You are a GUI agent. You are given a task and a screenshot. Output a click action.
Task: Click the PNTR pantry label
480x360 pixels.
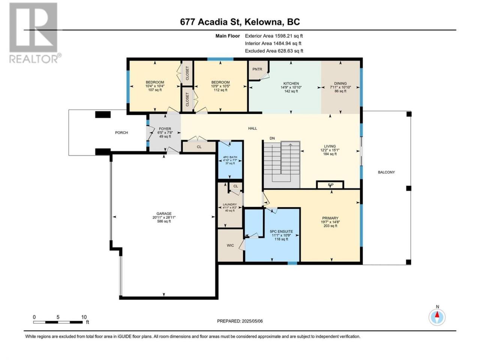[x=257, y=69]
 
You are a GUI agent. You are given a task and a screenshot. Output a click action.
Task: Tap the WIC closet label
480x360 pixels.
[x=230, y=246]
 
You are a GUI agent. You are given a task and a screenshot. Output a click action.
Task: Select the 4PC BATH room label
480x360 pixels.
[x=230, y=157]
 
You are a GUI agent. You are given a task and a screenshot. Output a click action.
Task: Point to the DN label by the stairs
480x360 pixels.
[x=272, y=138]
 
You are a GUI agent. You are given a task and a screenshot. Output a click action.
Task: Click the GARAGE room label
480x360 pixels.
[x=164, y=214]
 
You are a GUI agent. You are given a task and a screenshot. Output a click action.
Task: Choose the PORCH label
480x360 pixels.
[x=121, y=133]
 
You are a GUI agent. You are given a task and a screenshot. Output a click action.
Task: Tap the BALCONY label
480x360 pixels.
[x=386, y=172]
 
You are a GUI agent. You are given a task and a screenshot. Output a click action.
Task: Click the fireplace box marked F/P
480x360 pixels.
[x=330, y=185]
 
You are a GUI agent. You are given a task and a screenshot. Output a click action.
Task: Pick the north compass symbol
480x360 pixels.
[x=437, y=317]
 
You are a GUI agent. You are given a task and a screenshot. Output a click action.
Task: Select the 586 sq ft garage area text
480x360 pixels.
[x=164, y=221]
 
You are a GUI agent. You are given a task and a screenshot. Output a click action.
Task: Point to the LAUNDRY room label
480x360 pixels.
[x=229, y=204]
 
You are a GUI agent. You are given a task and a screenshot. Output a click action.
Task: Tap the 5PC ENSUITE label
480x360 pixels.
[x=281, y=231]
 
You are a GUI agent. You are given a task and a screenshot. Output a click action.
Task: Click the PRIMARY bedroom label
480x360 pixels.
[x=330, y=218]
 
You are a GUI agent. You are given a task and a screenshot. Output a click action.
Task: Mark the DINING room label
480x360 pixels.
[x=340, y=84]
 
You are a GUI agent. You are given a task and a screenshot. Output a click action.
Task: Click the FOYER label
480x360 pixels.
[x=165, y=129]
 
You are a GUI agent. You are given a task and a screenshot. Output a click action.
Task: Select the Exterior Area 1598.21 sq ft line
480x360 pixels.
[x=274, y=36]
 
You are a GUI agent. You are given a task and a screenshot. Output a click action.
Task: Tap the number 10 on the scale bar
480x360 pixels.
[x=84, y=317]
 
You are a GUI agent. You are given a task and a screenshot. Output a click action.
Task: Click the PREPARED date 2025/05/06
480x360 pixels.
[x=243, y=321]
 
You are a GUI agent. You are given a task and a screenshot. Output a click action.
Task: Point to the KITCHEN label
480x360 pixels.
[x=291, y=84]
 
